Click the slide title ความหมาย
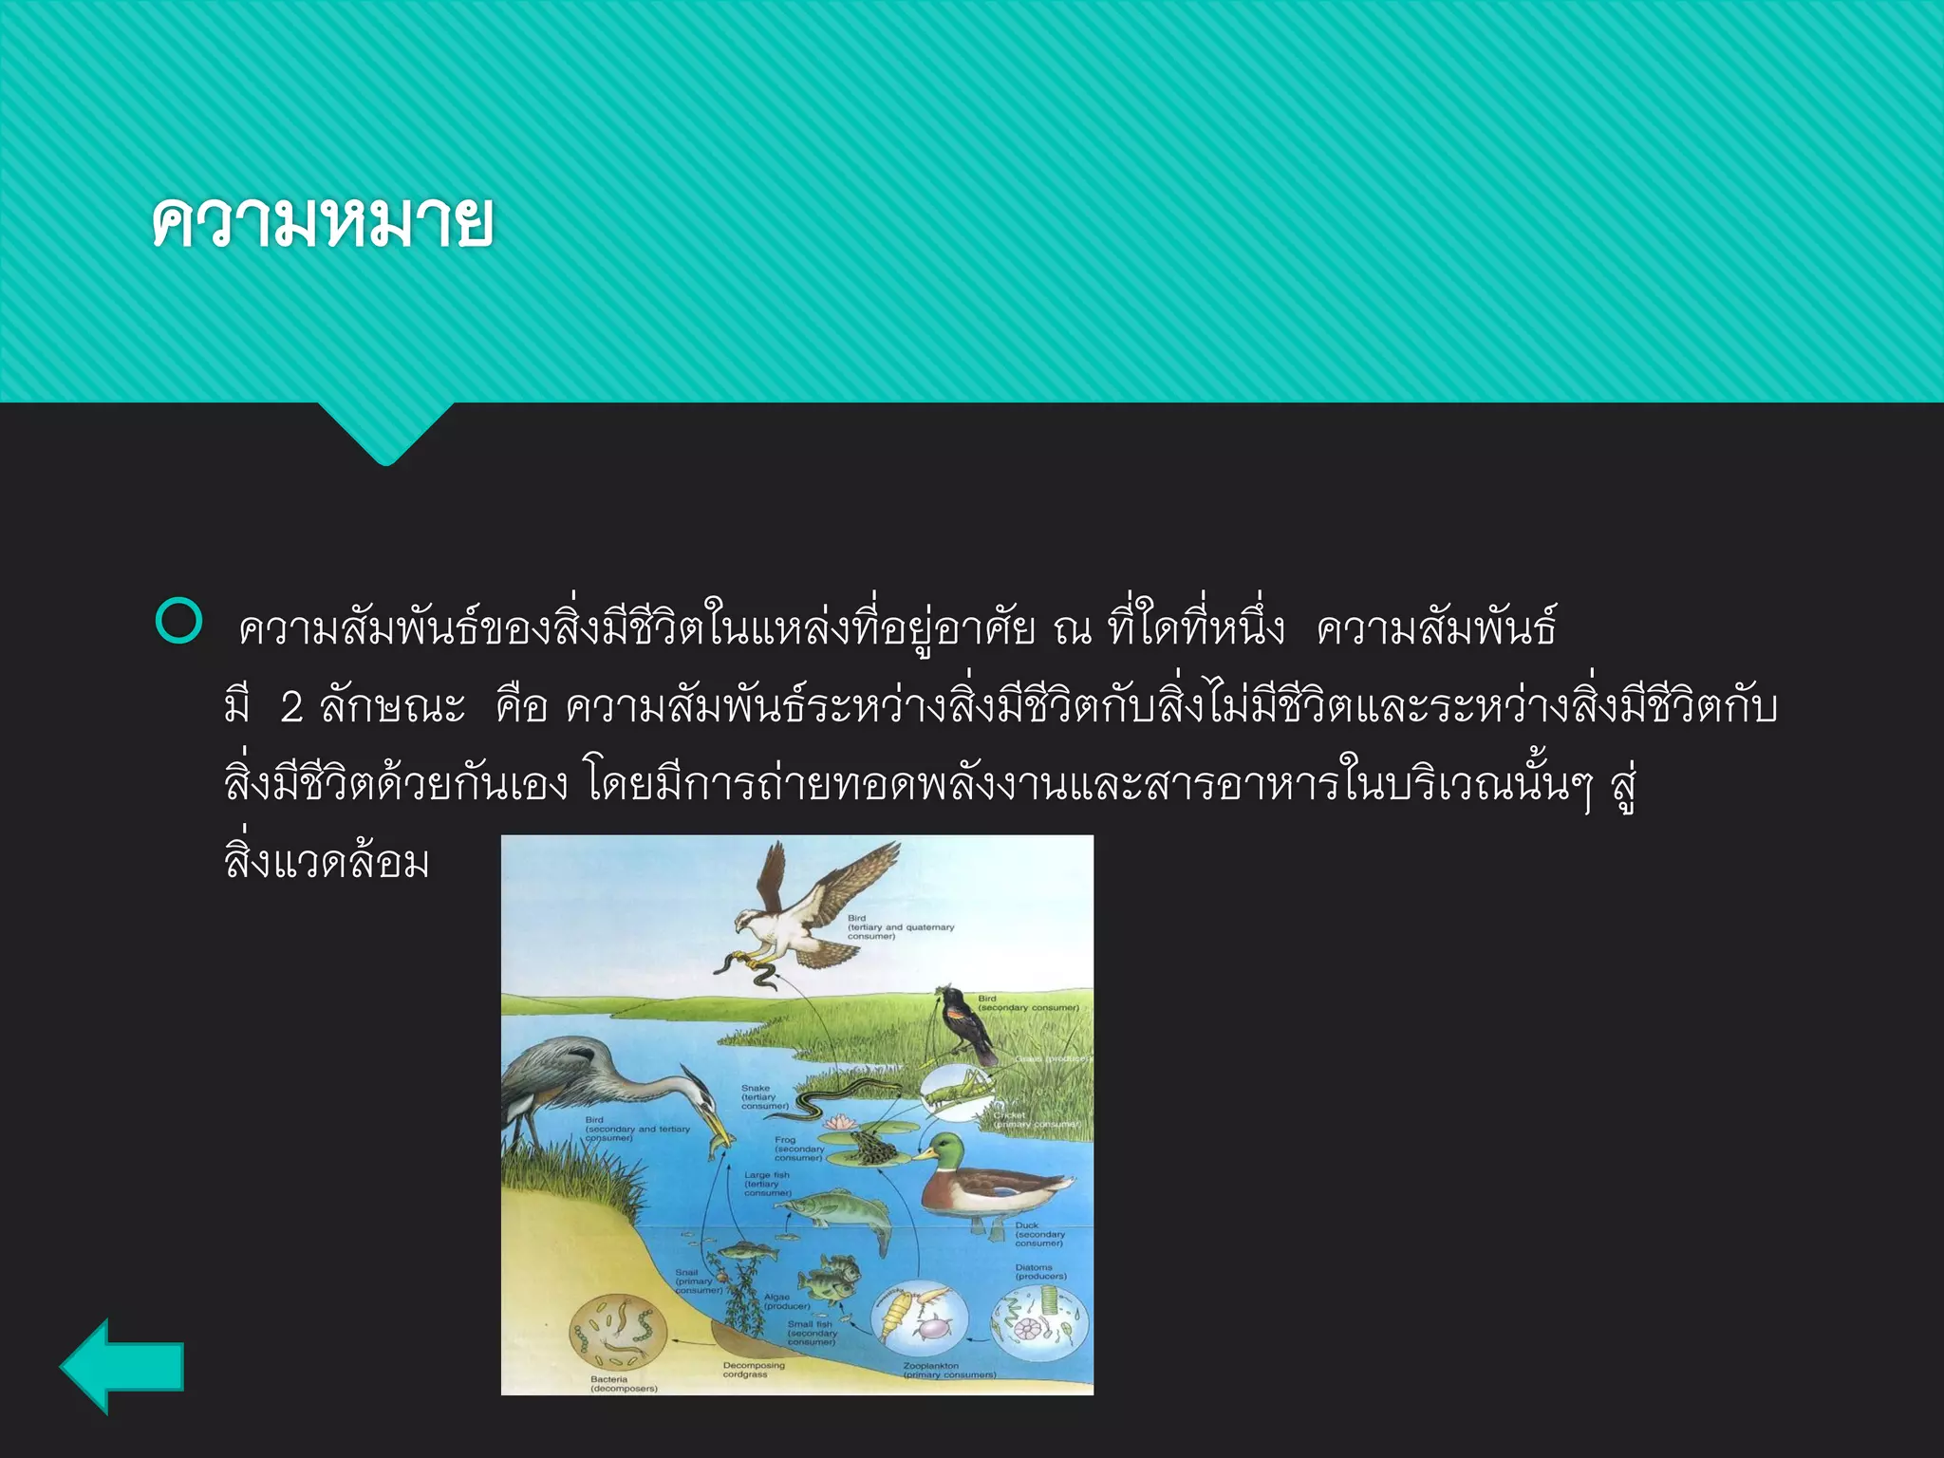[323, 223]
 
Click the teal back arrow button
[121, 1367]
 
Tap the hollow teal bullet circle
[178, 622]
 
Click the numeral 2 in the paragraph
[291, 707]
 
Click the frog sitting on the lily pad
[869, 1149]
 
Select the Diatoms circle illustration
[1039, 1322]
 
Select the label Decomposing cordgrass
[754, 1370]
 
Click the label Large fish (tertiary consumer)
[767, 1184]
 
